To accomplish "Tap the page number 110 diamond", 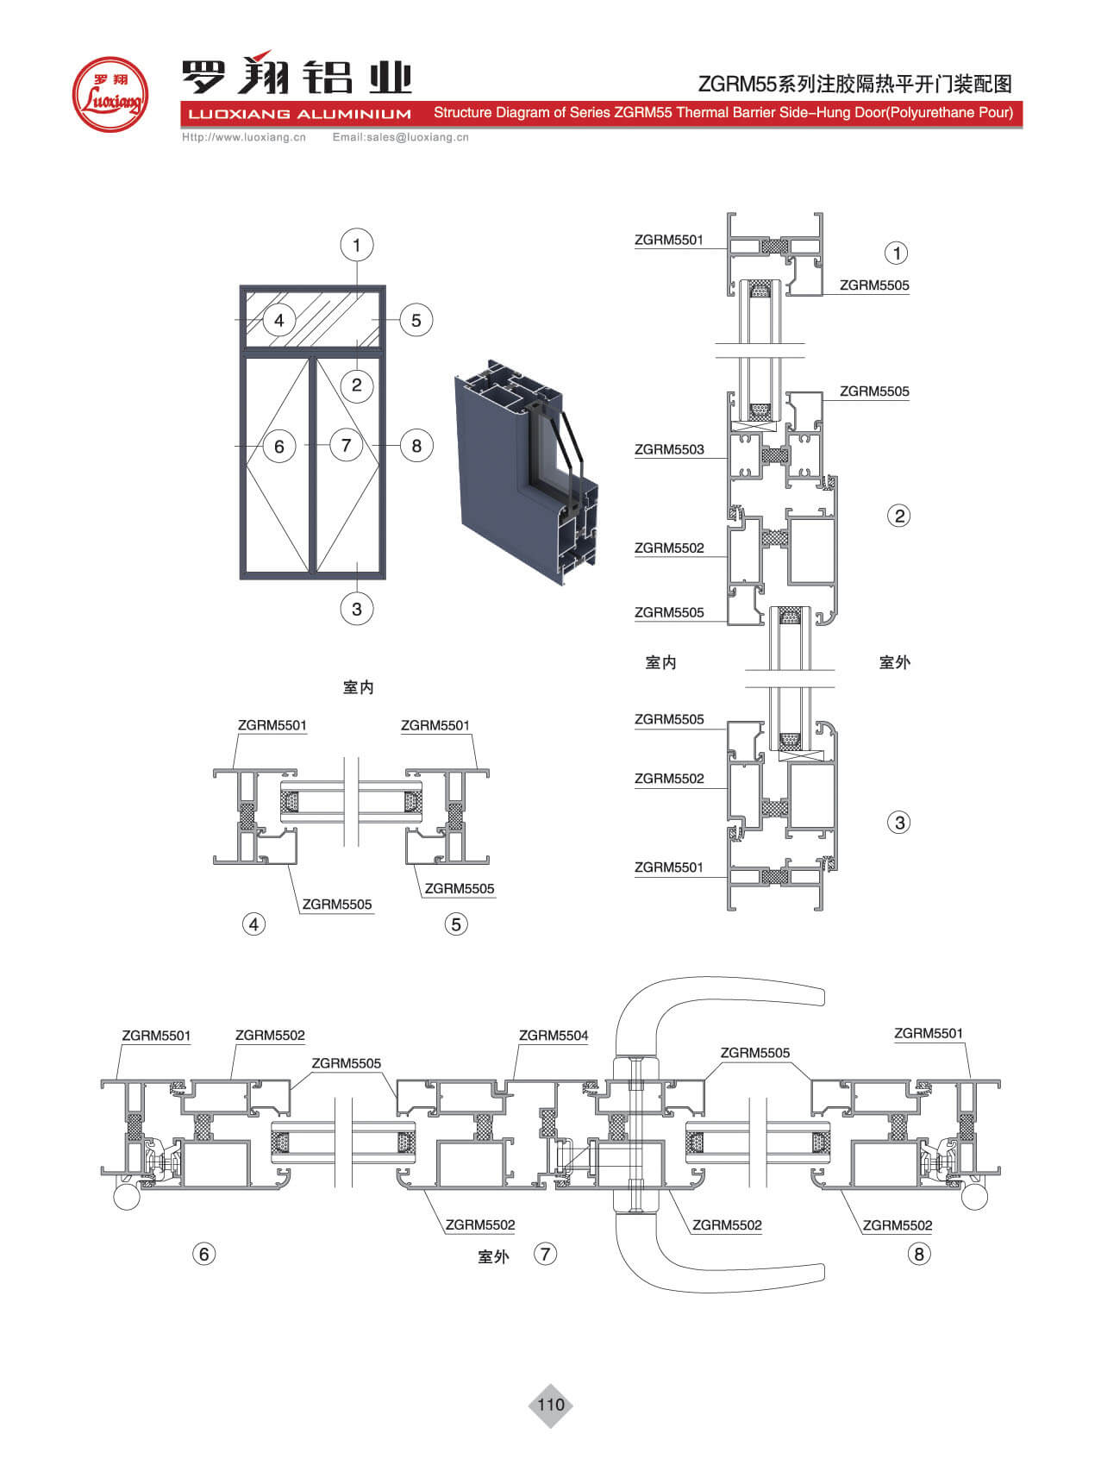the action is click(x=550, y=1405).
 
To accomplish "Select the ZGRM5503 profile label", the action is click(x=669, y=449).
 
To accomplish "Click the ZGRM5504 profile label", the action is click(x=554, y=1036).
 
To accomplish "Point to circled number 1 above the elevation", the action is click(x=356, y=245).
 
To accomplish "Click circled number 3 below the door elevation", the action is click(x=357, y=609).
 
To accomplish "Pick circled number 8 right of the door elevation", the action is click(x=416, y=446).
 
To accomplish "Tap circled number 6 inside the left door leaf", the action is click(x=278, y=447).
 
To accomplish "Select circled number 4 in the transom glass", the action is click(x=278, y=321).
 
